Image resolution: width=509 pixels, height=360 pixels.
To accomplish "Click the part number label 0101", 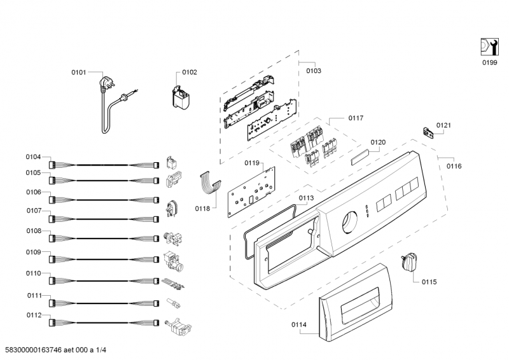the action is tap(78, 72).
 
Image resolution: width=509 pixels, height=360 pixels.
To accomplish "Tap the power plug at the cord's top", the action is tap(106, 83).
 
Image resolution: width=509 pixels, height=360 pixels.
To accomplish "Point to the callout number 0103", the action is tap(314, 71).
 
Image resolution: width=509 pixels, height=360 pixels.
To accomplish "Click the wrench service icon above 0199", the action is tap(489, 47).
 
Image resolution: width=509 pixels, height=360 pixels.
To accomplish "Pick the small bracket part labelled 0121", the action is tap(429, 133).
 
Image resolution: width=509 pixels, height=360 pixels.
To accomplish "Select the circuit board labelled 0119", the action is tap(251, 192).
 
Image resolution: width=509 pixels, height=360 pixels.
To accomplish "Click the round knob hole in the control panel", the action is tap(349, 223).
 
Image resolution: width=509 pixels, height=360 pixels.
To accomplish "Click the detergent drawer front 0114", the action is tap(354, 303).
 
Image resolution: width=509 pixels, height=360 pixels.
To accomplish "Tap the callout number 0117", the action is tap(356, 118).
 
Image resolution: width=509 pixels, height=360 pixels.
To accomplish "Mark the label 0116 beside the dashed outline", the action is tap(454, 166).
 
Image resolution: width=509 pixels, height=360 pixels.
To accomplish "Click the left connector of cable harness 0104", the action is tap(52, 165).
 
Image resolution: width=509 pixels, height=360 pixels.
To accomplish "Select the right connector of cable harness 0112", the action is tap(157, 323).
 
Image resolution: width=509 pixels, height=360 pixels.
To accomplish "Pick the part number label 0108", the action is tap(34, 231).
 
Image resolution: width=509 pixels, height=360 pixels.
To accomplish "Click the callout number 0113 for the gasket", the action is tap(306, 198).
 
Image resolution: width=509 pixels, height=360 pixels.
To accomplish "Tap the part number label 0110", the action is tap(34, 273).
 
